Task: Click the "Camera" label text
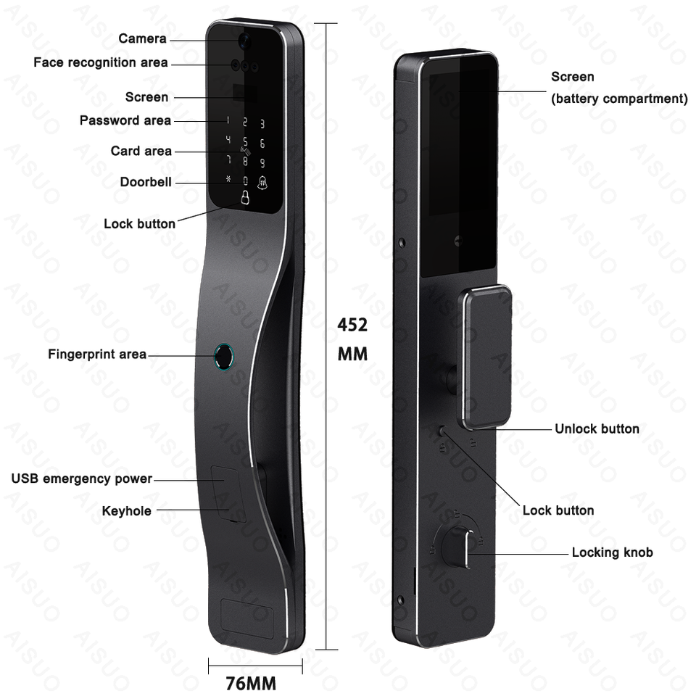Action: [x=142, y=38]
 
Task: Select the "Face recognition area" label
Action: [x=101, y=62]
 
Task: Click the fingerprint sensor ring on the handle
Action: [x=226, y=355]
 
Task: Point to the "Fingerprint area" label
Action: [x=97, y=355]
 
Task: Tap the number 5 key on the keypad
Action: [x=245, y=143]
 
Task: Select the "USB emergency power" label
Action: [x=82, y=478]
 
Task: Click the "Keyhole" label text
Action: [x=127, y=511]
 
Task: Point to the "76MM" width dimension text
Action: [x=251, y=683]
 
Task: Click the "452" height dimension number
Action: [x=353, y=324]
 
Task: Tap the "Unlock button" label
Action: [x=597, y=428]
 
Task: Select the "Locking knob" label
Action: [x=612, y=552]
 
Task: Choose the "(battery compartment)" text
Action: [x=619, y=99]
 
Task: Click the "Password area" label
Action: [x=125, y=120]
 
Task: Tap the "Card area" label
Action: [x=141, y=151]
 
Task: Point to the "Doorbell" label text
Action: [x=146, y=182]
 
